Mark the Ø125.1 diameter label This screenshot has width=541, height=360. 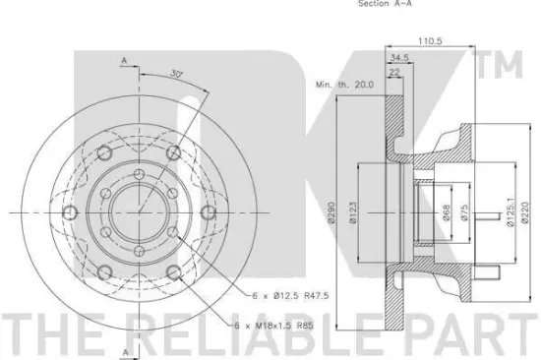(x=508, y=210)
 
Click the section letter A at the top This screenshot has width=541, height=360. (x=124, y=61)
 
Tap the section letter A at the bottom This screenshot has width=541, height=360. (x=124, y=350)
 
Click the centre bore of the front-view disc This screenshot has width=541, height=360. (x=137, y=210)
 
